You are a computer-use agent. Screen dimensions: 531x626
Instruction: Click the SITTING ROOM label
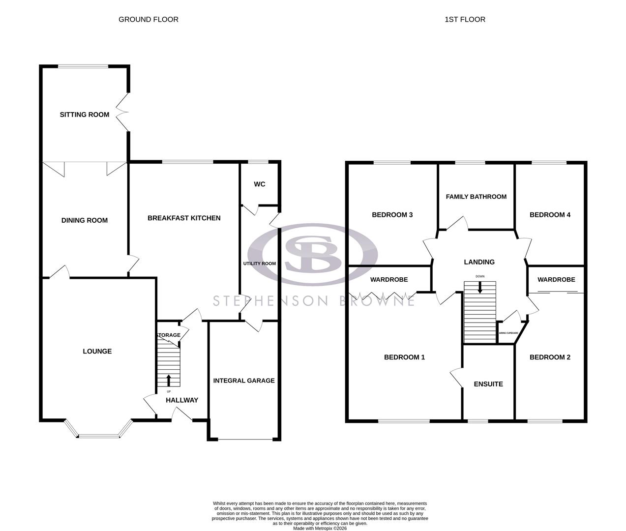[x=85, y=115]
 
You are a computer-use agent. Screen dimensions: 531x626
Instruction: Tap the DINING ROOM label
[x=85, y=220]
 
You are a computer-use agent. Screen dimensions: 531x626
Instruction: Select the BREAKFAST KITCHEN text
[x=184, y=218]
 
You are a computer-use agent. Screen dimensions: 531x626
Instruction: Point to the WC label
[x=260, y=184]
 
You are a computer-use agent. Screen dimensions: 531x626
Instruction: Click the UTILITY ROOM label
[x=260, y=264]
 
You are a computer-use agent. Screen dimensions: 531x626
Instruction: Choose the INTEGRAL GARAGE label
[x=244, y=381]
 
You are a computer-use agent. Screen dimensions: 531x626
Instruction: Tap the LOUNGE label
[x=97, y=351]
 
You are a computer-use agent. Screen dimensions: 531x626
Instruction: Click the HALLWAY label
[x=181, y=400]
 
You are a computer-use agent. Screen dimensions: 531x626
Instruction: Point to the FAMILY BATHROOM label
[x=476, y=197]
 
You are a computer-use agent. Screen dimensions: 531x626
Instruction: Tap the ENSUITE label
[x=488, y=384]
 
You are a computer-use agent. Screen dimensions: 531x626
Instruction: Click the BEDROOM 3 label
[x=392, y=215]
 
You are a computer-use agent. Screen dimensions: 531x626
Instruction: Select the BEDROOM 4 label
[x=550, y=215]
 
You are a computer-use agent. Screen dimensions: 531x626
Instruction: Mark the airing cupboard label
[x=508, y=333]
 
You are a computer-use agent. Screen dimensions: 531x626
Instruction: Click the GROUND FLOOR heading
[x=149, y=20]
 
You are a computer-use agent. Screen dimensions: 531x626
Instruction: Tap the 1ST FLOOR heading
[x=465, y=20]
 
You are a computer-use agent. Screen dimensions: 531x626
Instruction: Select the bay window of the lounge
[x=98, y=435]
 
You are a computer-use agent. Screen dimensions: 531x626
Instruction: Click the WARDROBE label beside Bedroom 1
[x=389, y=280]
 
